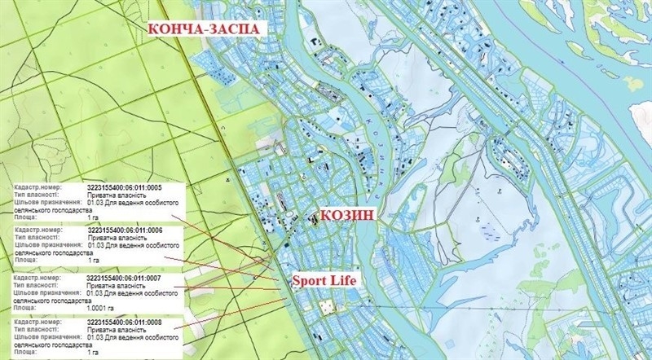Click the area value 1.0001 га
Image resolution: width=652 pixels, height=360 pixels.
(102, 307)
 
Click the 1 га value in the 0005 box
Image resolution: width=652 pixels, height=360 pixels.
(93, 219)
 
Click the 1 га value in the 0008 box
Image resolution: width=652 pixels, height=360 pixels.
(93, 353)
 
